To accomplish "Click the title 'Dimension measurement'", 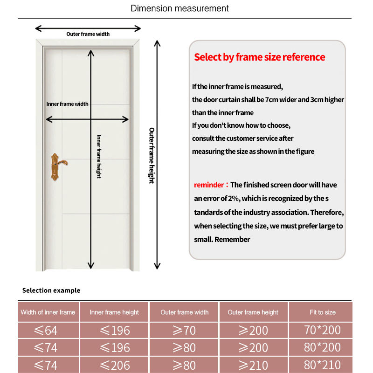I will tap(180, 8).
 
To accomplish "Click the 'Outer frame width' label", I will tap(88, 34).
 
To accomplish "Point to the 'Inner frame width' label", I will tap(67, 104).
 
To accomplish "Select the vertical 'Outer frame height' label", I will tap(152, 155).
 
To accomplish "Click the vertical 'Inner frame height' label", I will tap(99, 156).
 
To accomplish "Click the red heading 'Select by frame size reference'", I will tap(259, 57).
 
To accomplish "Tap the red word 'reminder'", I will tap(209, 185).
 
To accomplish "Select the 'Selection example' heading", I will tap(51, 290).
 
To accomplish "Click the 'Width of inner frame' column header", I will tap(48, 312).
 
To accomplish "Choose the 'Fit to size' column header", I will tap(322, 312).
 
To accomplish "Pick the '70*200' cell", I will tap(322, 331).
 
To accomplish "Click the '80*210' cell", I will tap(322, 365).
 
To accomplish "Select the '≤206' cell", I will tap(115, 365).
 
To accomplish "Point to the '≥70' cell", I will tap(184, 331).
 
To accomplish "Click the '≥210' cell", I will tap(253, 365).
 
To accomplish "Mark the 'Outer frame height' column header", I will tap(253, 312).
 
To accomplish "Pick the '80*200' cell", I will tap(322, 348).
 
